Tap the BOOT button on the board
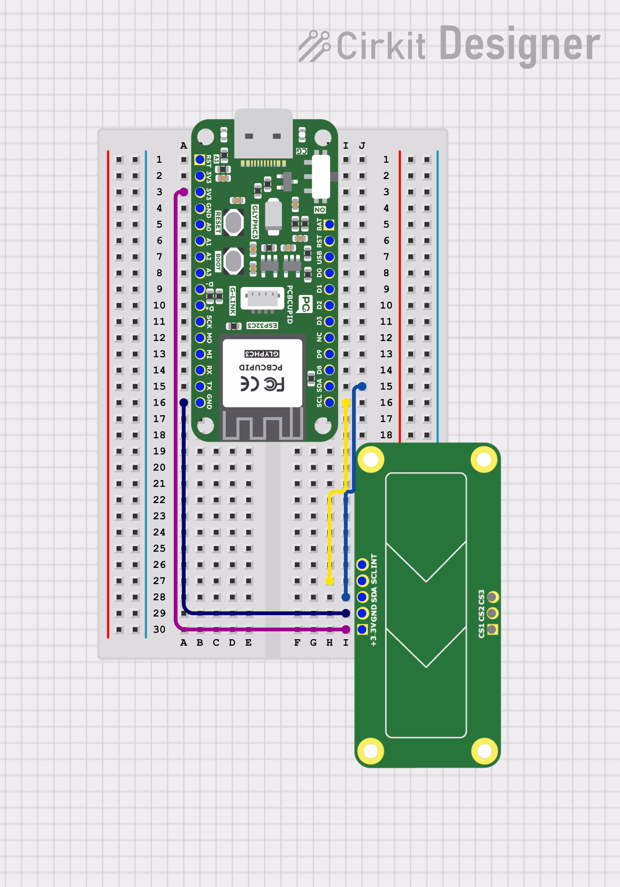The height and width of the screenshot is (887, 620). tap(233, 261)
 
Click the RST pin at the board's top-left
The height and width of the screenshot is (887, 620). tap(200, 159)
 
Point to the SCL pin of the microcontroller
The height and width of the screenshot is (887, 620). tap(329, 402)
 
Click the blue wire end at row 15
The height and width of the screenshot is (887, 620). tap(362, 386)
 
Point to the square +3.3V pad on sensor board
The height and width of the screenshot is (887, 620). tap(362, 629)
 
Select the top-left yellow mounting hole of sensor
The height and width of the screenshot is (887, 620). tap(371, 460)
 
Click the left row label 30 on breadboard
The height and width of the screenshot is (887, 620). tap(159, 629)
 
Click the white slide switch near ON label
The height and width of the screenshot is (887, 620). tap(321, 177)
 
